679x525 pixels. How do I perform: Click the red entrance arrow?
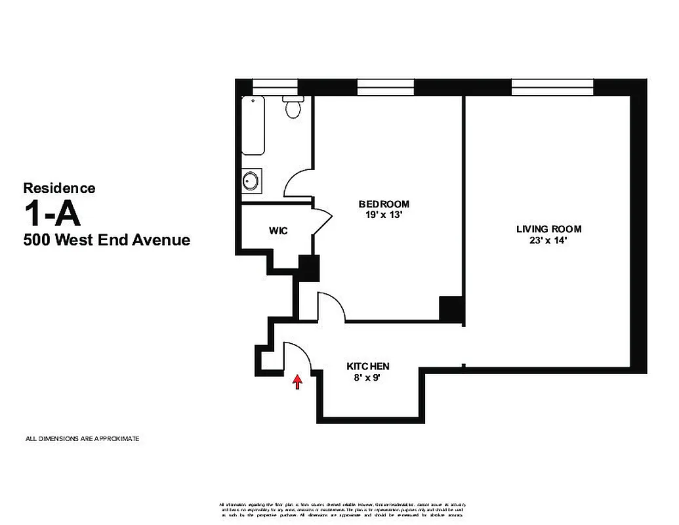[x=297, y=382]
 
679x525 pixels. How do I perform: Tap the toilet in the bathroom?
[x=293, y=106]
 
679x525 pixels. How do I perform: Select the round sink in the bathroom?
[x=250, y=180]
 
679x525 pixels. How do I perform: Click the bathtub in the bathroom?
[x=253, y=125]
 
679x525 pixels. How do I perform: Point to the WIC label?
[x=278, y=231]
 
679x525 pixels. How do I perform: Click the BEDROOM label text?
[x=384, y=203]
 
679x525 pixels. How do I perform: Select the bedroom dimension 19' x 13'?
[x=384, y=214]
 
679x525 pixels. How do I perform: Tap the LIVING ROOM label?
[x=548, y=229]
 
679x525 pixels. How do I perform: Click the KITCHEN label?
[x=368, y=366]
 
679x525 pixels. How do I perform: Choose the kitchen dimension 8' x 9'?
[x=368, y=377]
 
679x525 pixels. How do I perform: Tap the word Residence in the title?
[x=60, y=188]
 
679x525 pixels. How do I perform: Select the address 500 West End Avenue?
[x=107, y=240]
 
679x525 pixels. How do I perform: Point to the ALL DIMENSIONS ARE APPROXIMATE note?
[x=82, y=438]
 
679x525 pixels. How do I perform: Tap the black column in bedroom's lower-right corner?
[x=451, y=308]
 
